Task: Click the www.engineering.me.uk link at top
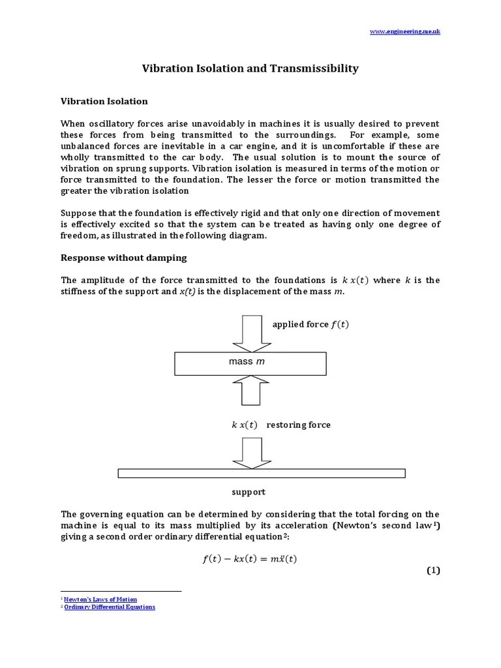(x=404, y=31)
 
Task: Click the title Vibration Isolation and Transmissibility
(x=250, y=68)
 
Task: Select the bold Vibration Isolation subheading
(x=104, y=101)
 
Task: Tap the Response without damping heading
(x=123, y=258)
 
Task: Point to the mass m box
(x=250, y=362)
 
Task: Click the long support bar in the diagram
(x=261, y=473)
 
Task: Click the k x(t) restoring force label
(x=281, y=425)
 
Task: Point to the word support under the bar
(x=249, y=492)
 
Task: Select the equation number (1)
(x=434, y=571)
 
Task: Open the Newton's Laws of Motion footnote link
(x=100, y=599)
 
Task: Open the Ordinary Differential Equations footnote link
(x=110, y=607)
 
